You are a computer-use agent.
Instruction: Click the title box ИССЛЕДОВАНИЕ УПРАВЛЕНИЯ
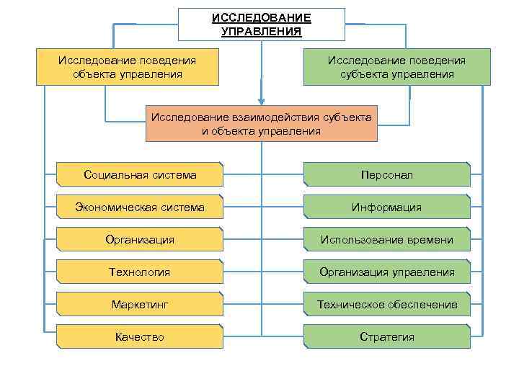pos(262,24)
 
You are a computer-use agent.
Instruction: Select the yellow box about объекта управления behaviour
pos(128,67)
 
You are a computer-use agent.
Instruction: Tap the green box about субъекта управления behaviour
pos(396,67)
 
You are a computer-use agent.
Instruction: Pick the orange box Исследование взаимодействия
pos(262,124)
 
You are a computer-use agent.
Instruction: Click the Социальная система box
pos(140,175)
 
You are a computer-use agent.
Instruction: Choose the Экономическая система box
pos(140,207)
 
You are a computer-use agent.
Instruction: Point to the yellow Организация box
pos(140,240)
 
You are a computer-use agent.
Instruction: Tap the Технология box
pos(140,272)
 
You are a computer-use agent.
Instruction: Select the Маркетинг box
pos(140,305)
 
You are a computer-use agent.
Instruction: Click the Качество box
pos(140,337)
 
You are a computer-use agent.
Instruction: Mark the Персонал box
pos(387,175)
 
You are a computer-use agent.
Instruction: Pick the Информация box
pos(387,207)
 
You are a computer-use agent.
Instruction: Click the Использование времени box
pos(387,240)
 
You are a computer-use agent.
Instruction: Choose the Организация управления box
pos(387,272)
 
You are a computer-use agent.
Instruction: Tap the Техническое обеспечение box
pos(387,305)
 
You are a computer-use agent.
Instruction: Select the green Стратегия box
pos(387,337)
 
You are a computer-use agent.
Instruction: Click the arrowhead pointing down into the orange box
pos(262,102)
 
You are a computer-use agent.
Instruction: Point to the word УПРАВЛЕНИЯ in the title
pos(262,32)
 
